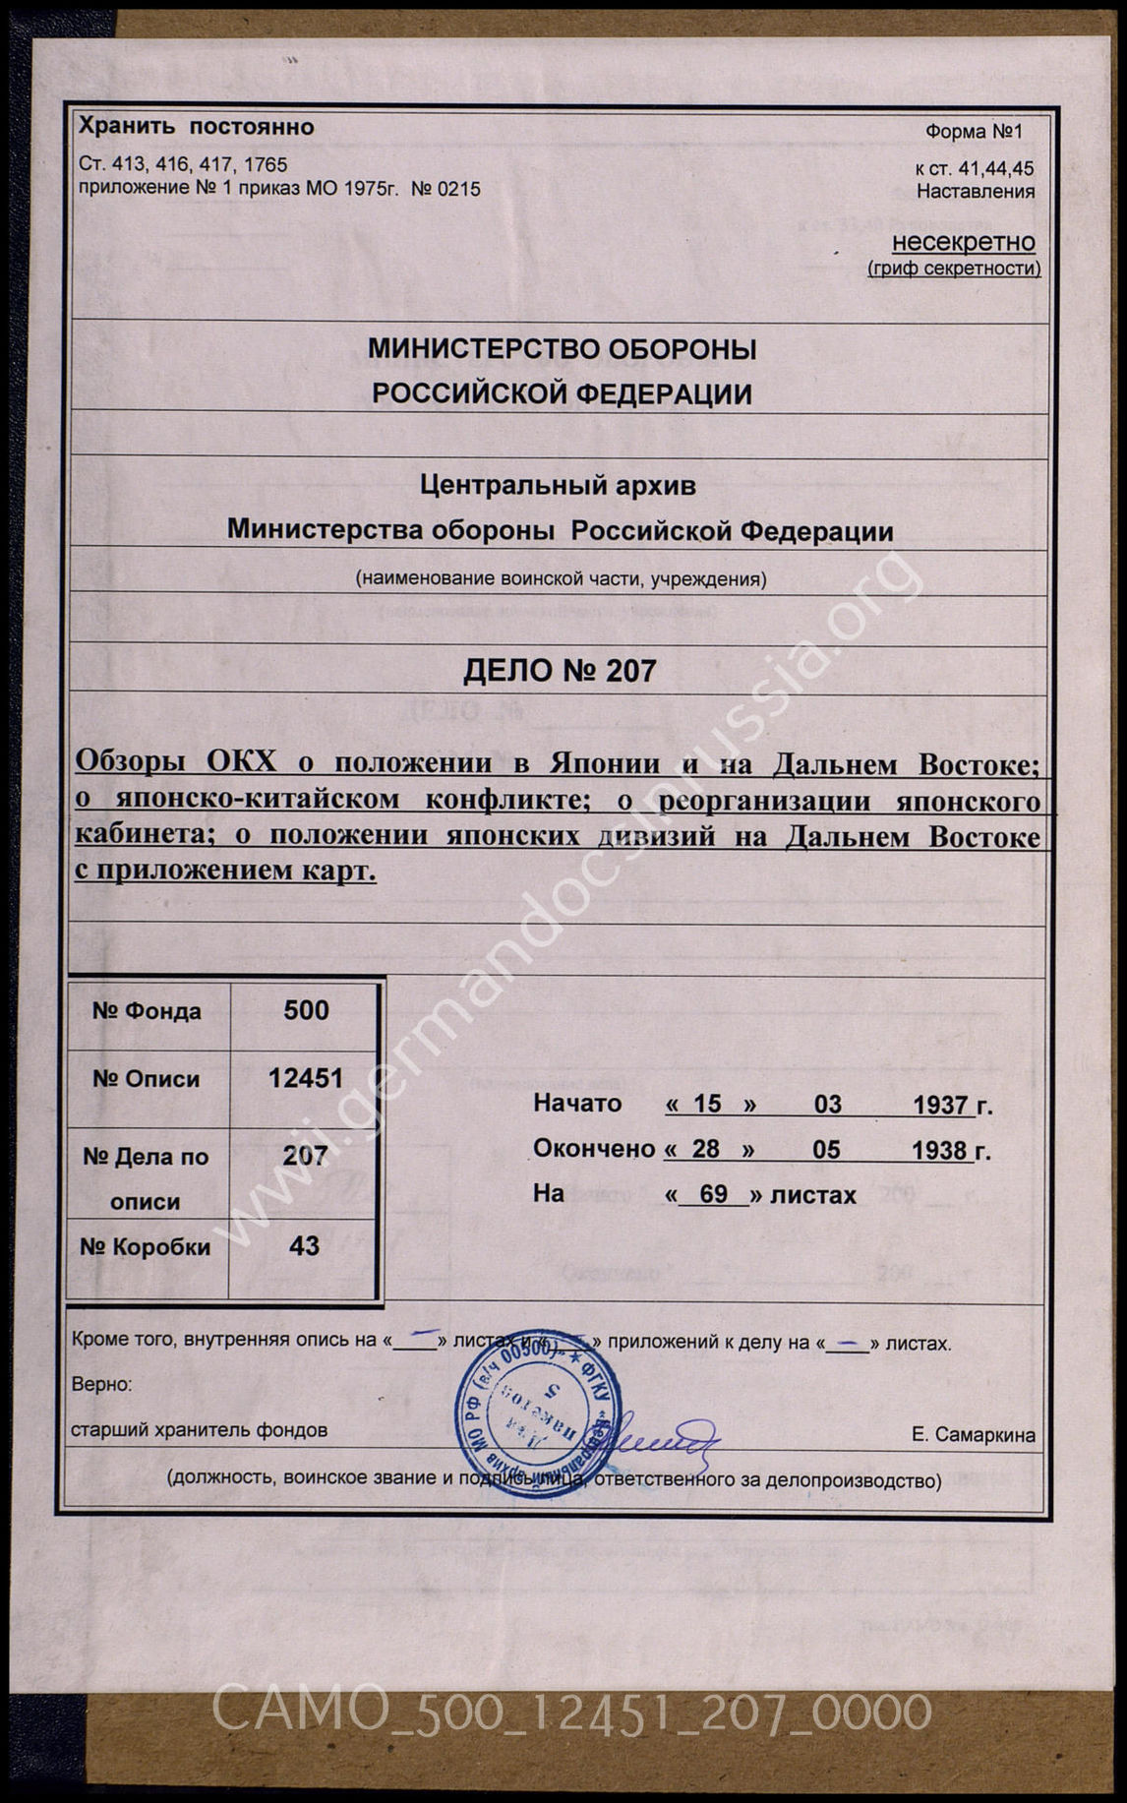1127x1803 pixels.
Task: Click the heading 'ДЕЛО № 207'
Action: (560, 671)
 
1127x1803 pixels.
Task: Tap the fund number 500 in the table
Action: (306, 1010)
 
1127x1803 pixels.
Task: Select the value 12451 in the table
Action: (306, 1078)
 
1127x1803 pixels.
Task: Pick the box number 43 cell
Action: (304, 1246)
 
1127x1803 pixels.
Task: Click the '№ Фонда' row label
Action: (147, 1011)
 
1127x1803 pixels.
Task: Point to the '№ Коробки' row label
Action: (146, 1247)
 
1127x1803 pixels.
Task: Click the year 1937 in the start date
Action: (941, 1105)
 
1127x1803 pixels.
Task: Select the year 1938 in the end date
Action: (940, 1150)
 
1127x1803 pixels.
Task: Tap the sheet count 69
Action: (713, 1194)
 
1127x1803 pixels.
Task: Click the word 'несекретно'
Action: (964, 242)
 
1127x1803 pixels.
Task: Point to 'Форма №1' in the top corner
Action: (974, 132)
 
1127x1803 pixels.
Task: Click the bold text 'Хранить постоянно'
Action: (197, 127)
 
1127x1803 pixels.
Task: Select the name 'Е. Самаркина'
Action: (973, 1435)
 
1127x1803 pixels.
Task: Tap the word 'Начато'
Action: (577, 1104)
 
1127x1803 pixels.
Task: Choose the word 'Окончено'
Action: (594, 1149)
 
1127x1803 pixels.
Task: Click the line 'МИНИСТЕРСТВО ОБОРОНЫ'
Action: (562, 349)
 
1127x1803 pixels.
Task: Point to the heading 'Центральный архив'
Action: (558, 485)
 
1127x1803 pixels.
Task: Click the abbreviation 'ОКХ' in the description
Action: (241, 761)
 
